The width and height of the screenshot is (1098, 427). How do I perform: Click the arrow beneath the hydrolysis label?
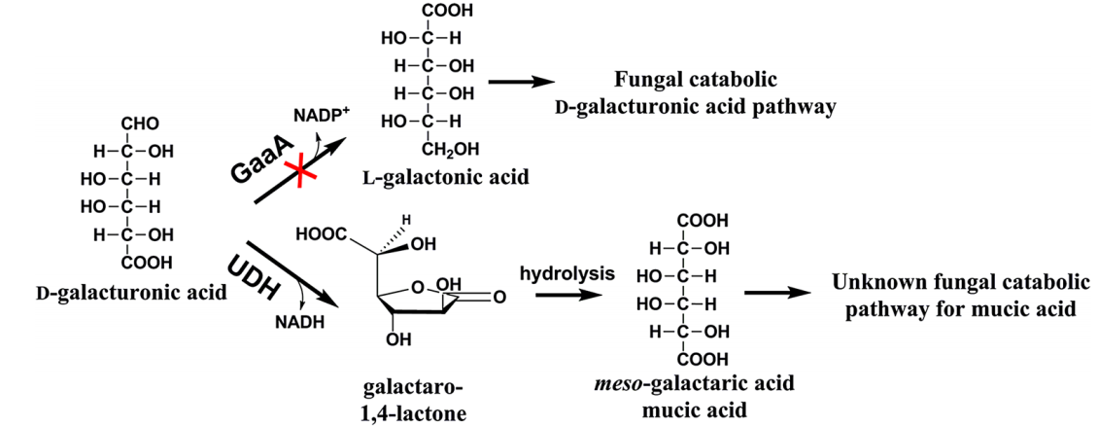coord(568,295)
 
